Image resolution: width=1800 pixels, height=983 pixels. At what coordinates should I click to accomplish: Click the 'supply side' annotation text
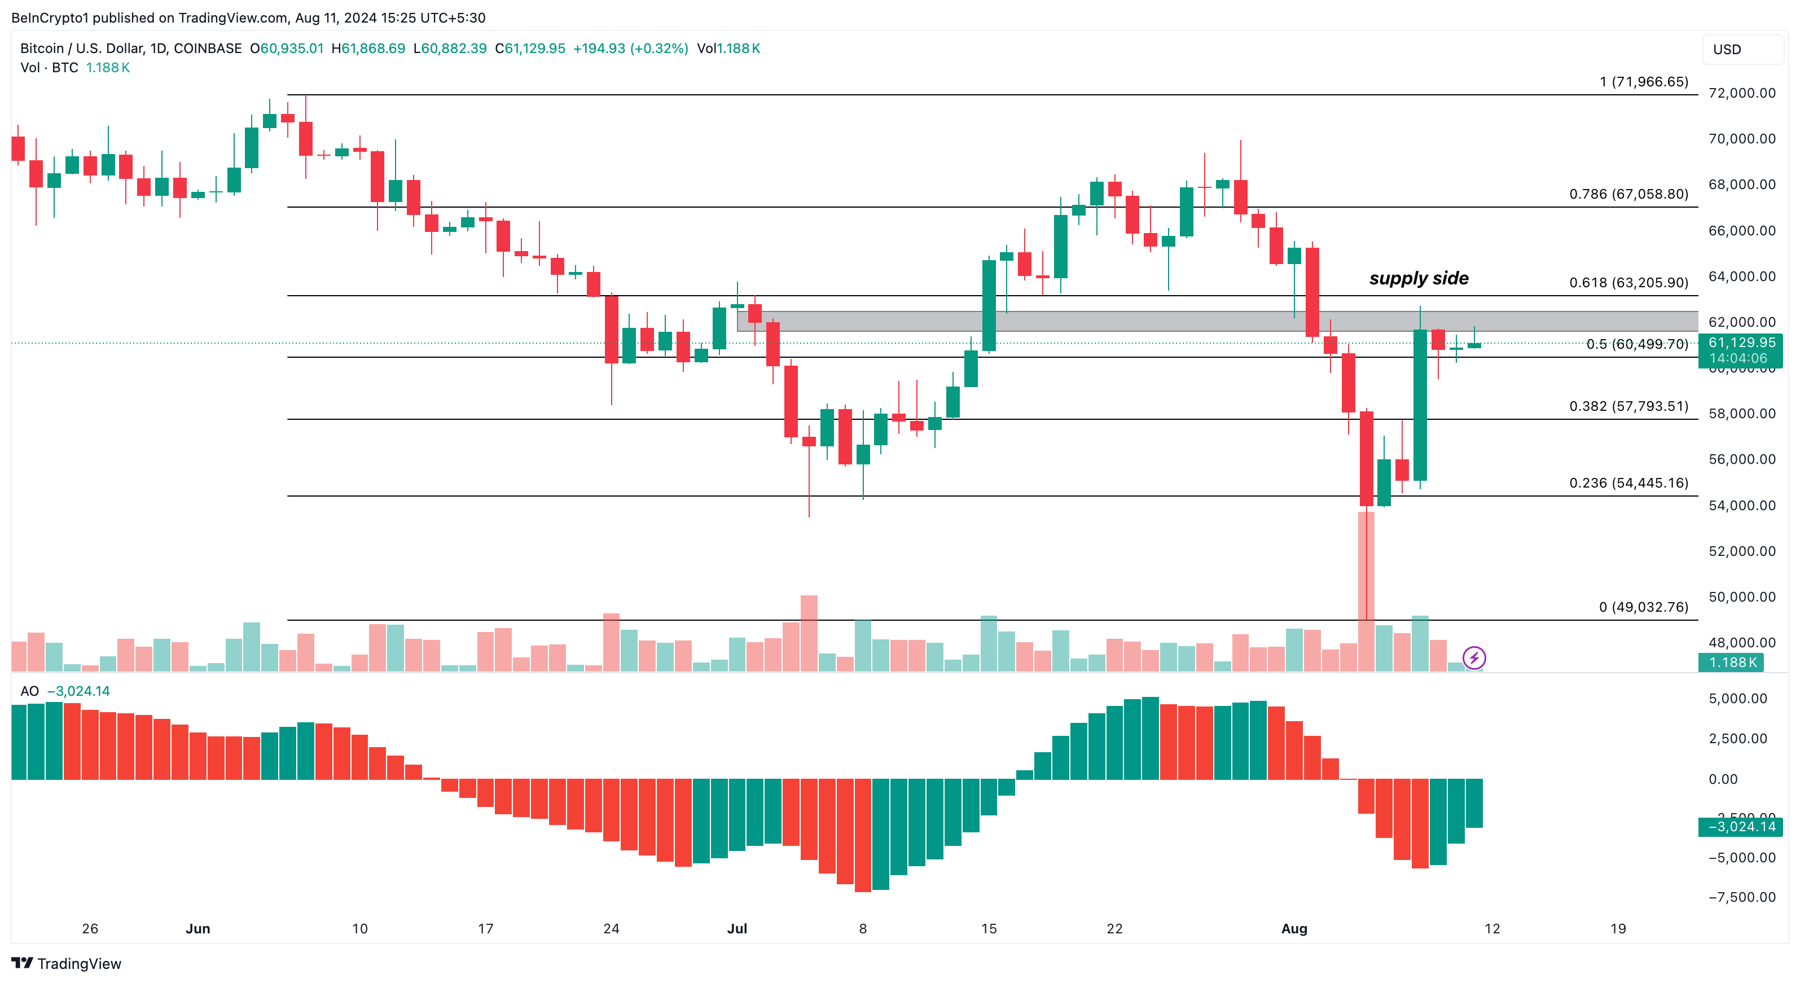coord(1419,278)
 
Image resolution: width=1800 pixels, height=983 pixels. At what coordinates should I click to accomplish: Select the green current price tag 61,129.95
coord(1741,343)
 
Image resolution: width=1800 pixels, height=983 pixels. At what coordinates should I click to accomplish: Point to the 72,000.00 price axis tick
coord(1741,93)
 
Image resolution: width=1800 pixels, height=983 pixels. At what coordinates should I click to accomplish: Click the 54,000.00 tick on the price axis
coord(1741,505)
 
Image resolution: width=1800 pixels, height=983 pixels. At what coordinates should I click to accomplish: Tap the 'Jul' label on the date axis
coord(736,928)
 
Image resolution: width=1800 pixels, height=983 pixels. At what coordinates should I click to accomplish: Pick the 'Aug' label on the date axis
coord(1294,928)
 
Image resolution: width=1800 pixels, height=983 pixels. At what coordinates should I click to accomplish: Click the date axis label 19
coord(1618,928)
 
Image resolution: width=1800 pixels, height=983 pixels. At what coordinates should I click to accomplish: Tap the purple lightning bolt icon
coord(1474,657)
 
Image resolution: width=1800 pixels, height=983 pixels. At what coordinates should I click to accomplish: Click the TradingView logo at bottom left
coord(67,963)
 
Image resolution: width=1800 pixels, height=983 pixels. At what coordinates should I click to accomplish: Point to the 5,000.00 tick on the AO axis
coord(1737,699)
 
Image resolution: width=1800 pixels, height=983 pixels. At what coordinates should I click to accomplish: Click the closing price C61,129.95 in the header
coord(530,48)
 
